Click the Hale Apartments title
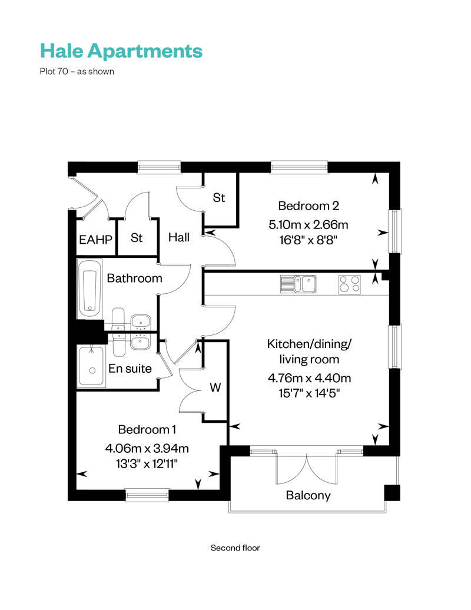tap(121, 51)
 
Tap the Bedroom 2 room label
tap(309, 206)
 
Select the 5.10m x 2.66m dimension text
tap(309, 224)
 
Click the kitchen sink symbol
tap(298, 284)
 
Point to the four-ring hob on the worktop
tap(349, 284)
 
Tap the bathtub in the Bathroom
tap(90, 290)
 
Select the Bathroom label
tap(134, 279)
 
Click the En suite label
tap(130, 369)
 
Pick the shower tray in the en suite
tap(91, 366)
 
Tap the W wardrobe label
tap(215, 388)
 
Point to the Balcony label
tap(308, 495)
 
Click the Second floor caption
tap(235, 548)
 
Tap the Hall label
tap(179, 238)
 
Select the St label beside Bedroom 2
tap(219, 198)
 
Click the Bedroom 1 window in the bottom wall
tap(147, 495)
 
